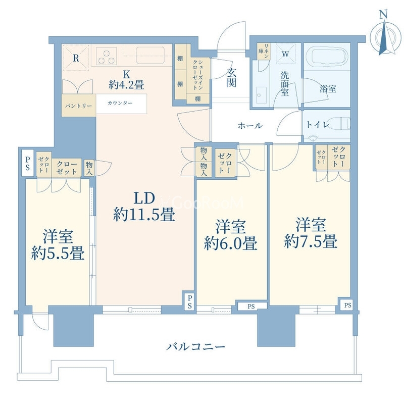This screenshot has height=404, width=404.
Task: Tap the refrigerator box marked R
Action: [76, 59]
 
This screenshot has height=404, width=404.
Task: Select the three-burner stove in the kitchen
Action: [107, 56]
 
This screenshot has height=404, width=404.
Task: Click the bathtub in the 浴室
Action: [326, 56]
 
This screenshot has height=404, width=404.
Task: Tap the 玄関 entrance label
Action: [231, 78]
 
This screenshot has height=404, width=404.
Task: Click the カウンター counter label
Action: [120, 103]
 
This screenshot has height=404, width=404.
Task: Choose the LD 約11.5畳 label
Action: [144, 207]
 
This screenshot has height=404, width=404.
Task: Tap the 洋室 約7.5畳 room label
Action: [310, 232]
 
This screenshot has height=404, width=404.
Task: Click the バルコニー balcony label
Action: [196, 347]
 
